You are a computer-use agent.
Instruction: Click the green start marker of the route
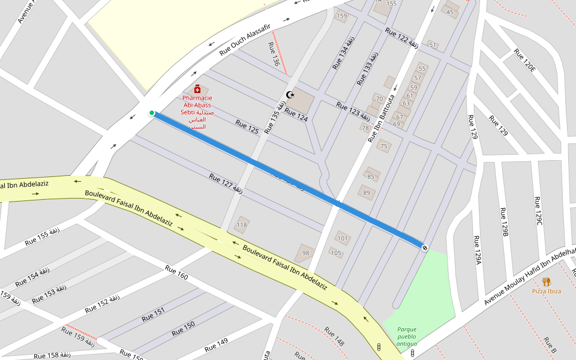tap(152, 113)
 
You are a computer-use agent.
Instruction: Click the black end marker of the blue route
tap(425, 247)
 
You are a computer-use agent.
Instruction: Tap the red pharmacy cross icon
tap(197, 89)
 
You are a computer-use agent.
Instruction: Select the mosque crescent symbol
tap(291, 95)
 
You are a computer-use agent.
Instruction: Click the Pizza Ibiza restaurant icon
tap(546, 281)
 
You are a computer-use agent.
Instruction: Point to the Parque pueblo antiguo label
tap(406, 336)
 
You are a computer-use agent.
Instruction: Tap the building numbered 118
tap(241, 225)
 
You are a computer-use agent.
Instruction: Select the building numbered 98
tap(305, 253)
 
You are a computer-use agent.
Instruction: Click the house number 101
tap(343, 238)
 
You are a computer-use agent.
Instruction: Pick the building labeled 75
tap(384, 146)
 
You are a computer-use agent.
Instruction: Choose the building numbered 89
tap(367, 193)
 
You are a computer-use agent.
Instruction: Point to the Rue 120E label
tap(524, 60)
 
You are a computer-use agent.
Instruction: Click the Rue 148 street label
tap(334, 337)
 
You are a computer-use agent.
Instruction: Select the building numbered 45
tap(451, 11)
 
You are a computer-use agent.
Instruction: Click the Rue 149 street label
tap(216, 345)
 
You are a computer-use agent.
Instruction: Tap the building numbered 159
tap(341, 16)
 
